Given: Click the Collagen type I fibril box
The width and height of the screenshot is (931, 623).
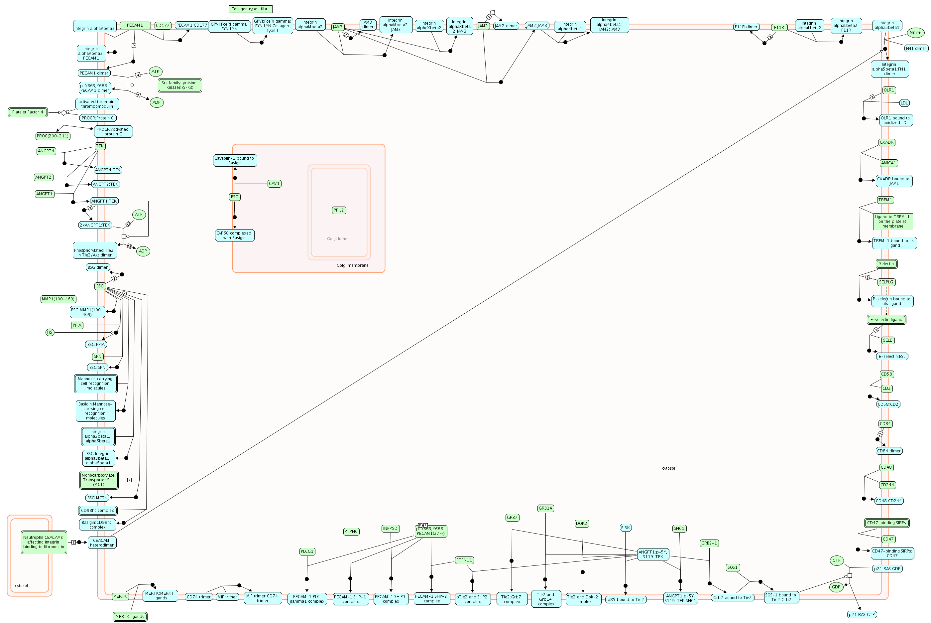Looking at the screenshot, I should click(251, 9).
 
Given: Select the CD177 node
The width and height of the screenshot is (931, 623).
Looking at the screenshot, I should click(163, 25).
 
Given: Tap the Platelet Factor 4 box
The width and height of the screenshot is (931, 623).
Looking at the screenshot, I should click(28, 112).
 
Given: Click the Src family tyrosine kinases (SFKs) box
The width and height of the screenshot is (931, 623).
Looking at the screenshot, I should click(179, 85).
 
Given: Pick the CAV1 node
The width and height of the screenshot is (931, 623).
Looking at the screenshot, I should click(274, 184).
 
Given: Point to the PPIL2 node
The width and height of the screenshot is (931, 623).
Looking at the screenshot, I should click(339, 210).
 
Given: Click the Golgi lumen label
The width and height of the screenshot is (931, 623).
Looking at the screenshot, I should click(338, 239).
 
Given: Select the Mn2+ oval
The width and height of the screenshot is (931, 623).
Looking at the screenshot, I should click(915, 33).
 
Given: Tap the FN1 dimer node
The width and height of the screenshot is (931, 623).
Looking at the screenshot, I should click(915, 49).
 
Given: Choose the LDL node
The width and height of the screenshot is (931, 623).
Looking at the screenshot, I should click(904, 103).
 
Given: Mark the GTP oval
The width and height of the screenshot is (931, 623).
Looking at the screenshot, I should click(837, 560).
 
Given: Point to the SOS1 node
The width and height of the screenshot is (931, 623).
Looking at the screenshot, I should click(733, 567).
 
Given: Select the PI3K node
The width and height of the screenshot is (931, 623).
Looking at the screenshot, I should click(625, 528).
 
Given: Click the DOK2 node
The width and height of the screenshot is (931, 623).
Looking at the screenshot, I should click(581, 524).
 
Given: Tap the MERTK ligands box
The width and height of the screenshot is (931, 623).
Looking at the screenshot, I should click(130, 617).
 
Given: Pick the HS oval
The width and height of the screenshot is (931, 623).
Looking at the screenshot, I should click(50, 332).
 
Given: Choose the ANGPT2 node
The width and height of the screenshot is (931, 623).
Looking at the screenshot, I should click(43, 177).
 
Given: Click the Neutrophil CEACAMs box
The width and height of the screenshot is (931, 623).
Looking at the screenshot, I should click(43, 542).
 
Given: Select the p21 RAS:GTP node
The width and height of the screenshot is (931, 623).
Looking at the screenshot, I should click(862, 615).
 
